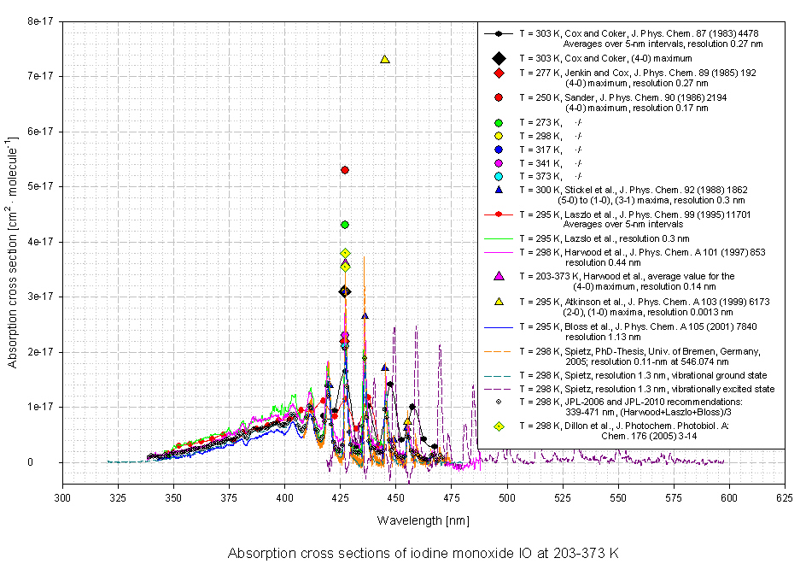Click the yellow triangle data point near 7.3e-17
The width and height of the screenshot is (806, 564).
coord(385,59)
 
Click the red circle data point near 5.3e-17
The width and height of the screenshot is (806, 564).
coord(345,170)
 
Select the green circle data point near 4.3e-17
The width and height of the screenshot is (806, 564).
coord(345,225)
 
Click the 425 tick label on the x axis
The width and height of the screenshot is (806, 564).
coord(340,496)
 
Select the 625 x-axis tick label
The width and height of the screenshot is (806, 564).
coord(783,496)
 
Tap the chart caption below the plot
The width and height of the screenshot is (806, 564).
coord(423,553)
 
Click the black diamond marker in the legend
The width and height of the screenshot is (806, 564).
coord(499,58)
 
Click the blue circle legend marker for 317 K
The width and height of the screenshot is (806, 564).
coord(499,150)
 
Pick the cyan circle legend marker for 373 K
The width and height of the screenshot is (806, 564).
coord(499,175)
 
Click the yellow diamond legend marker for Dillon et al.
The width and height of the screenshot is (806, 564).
coord(499,426)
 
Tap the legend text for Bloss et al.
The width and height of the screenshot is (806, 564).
coord(636,326)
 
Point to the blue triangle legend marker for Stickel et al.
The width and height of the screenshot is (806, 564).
coord(499,189)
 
